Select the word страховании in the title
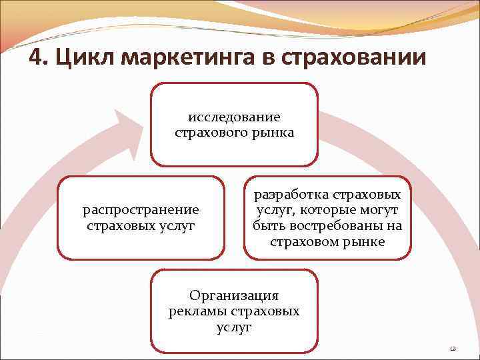tap(353, 59)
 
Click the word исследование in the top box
tap(234, 117)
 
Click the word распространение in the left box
tap(141, 211)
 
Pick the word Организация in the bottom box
tap(234, 295)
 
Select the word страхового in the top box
tap(207, 133)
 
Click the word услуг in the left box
tap(177, 227)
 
